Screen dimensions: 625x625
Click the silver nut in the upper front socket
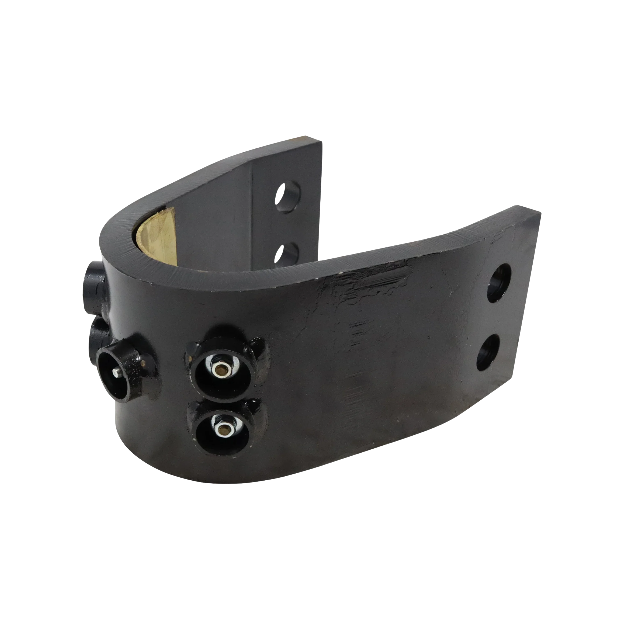222,368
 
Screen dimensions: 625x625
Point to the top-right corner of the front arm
540,213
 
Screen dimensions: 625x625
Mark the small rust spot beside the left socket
141,363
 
